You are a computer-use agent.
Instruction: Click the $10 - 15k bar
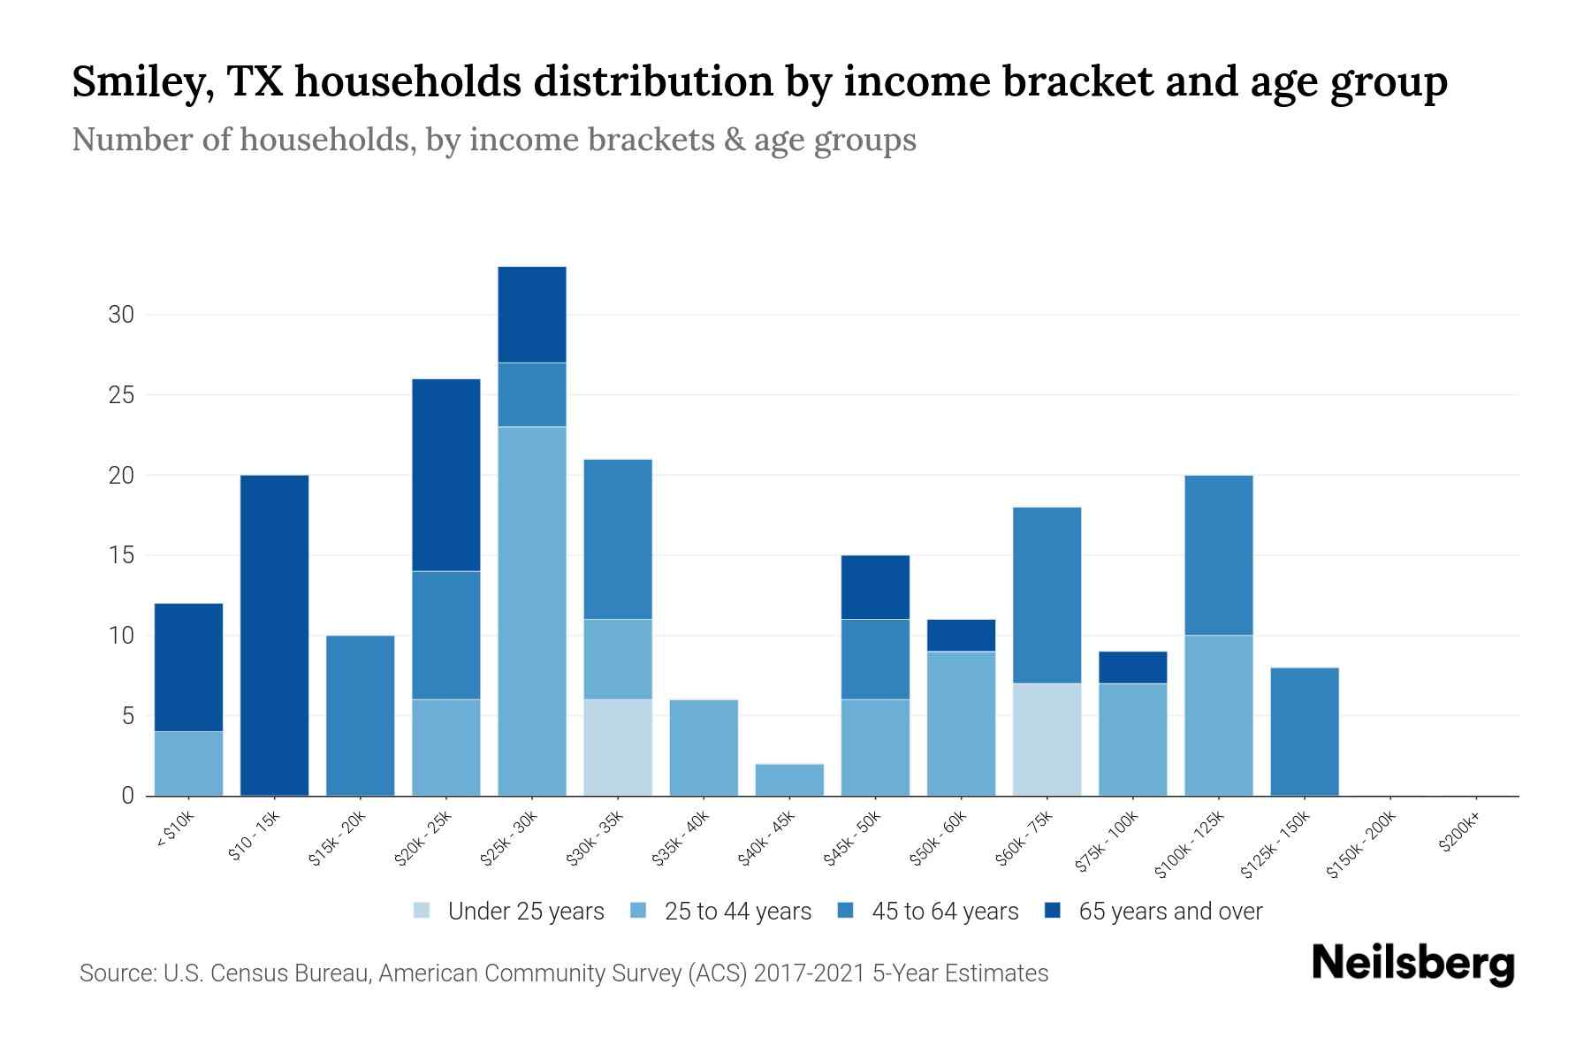click(274, 635)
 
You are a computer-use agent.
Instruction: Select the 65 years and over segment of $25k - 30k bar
click(531, 314)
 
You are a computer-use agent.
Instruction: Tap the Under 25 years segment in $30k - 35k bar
click(618, 747)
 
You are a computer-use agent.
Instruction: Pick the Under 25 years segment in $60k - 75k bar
click(1047, 739)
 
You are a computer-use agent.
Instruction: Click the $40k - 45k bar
click(789, 780)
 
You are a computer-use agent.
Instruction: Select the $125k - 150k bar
click(1304, 731)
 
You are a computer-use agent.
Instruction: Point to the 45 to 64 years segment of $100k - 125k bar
click(1218, 554)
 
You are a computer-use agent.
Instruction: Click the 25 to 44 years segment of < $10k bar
click(188, 763)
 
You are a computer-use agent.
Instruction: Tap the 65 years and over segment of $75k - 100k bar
click(1132, 667)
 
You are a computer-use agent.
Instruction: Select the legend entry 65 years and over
click(1153, 911)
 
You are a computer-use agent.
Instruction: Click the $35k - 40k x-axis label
click(680, 839)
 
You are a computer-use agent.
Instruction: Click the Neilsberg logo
click(1412, 964)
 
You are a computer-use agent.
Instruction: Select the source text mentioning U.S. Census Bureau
click(563, 973)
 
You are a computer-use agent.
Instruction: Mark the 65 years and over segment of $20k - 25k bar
click(445, 475)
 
